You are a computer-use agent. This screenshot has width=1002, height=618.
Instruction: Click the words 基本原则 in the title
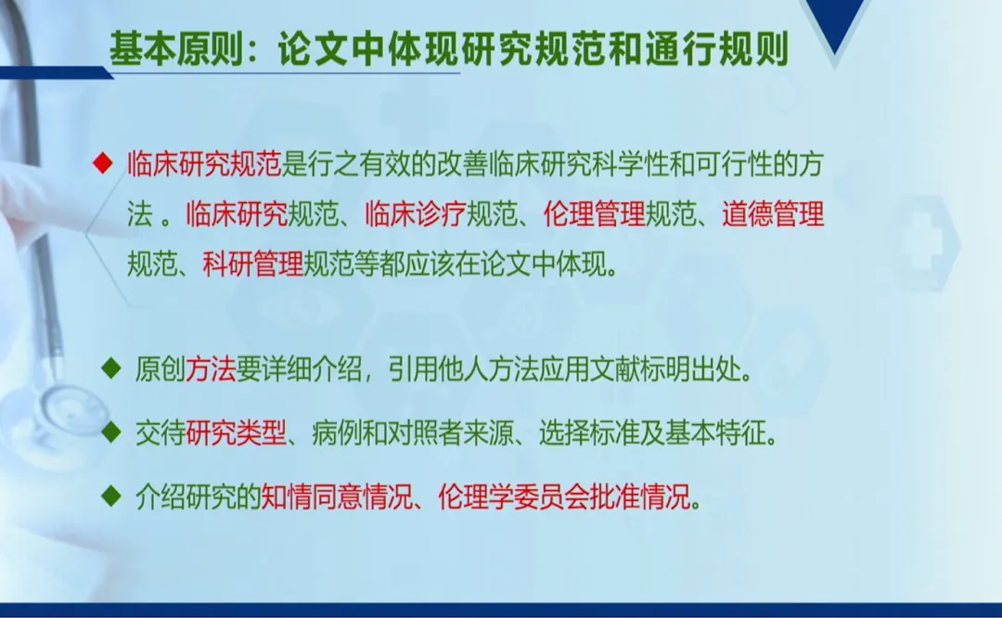point(176,48)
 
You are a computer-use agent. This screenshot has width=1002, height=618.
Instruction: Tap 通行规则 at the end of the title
point(717,48)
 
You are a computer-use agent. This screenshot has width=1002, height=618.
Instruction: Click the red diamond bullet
point(102,163)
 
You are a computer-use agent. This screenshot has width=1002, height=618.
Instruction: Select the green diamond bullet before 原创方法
point(111,368)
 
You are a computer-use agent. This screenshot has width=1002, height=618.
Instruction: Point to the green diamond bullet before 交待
point(111,432)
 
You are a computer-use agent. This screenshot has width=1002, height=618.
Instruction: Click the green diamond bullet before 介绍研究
point(111,496)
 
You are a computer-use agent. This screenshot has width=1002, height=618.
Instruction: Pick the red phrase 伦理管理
point(595,214)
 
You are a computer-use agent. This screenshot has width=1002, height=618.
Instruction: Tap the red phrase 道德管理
point(773,214)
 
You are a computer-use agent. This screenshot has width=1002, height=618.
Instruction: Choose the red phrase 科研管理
point(253,264)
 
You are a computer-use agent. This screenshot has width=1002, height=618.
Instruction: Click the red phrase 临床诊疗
point(416,214)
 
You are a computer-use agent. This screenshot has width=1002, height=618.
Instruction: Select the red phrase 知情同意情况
point(336,496)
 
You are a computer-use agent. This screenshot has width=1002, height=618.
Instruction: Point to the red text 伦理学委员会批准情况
point(565,496)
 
